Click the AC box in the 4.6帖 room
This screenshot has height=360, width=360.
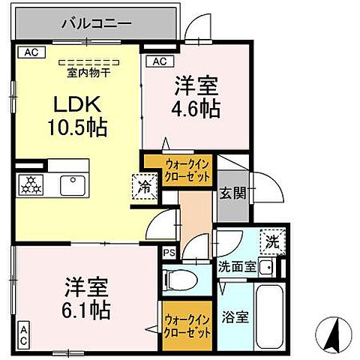click(160, 61)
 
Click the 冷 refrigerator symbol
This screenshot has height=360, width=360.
click(145, 187)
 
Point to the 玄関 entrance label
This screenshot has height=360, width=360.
click(231, 193)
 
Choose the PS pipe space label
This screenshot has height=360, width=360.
click(169, 252)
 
